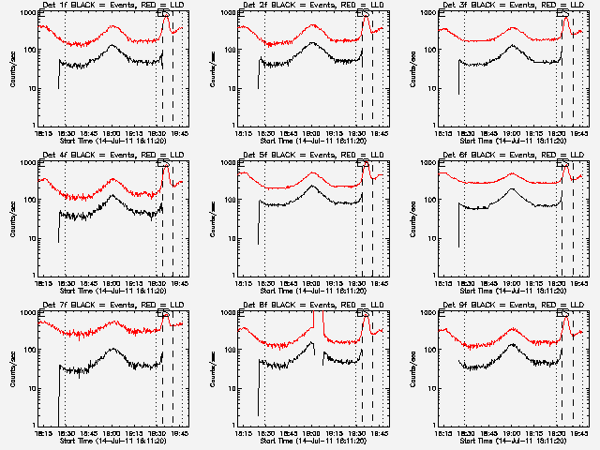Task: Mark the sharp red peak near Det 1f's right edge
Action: (166, 18)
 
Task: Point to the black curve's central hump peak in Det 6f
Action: (512, 189)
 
